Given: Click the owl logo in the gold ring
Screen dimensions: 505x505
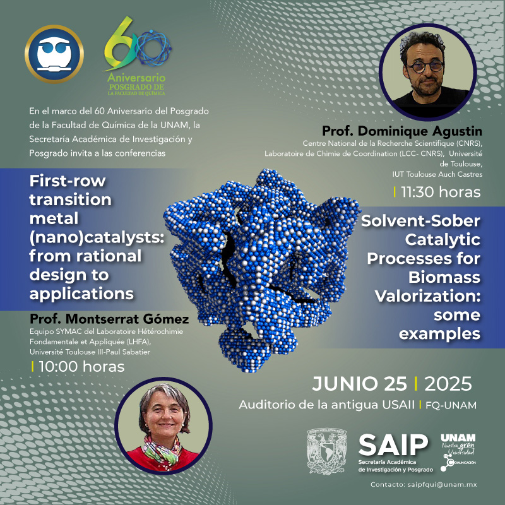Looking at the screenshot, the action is [x=54, y=54].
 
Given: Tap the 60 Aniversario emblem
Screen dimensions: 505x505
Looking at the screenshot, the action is [x=137, y=56].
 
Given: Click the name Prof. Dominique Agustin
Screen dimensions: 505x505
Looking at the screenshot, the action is [x=402, y=131].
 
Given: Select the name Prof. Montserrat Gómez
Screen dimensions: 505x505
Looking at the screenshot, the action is [x=109, y=319].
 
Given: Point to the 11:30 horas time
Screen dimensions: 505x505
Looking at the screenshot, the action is [x=441, y=193].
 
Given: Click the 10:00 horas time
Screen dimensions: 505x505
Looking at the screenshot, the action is [x=81, y=367].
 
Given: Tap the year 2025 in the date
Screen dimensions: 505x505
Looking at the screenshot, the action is [x=448, y=384].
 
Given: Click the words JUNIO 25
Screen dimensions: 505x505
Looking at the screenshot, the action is [x=359, y=384].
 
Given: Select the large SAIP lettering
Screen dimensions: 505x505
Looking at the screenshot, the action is [x=393, y=445].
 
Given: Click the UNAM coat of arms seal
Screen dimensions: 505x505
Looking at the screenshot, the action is [x=326, y=451].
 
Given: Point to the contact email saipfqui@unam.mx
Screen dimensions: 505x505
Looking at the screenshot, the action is [x=442, y=484].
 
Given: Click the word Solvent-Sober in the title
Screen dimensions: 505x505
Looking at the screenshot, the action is [x=420, y=221].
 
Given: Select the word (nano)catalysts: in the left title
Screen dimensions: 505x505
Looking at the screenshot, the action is [x=97, y=238].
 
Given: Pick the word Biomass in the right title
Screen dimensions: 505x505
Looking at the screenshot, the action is [x=444, y=278].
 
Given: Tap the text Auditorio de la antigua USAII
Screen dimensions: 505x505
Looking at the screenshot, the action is [x=326, y=405].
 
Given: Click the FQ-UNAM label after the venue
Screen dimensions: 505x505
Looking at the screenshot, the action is [x=451, y=405].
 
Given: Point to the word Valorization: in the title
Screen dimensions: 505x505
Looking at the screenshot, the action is [x=428, y=296].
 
